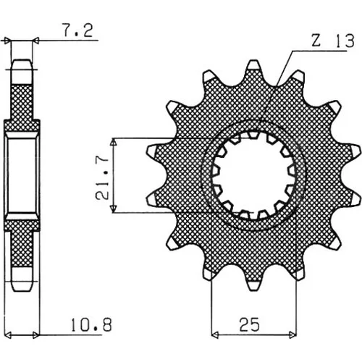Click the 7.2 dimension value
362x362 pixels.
77,30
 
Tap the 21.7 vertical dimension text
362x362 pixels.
101,177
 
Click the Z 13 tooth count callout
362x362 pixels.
333,41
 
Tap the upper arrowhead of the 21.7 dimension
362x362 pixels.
114,143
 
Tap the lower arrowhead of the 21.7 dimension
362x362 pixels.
114,209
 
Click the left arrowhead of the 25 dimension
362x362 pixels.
215,334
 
